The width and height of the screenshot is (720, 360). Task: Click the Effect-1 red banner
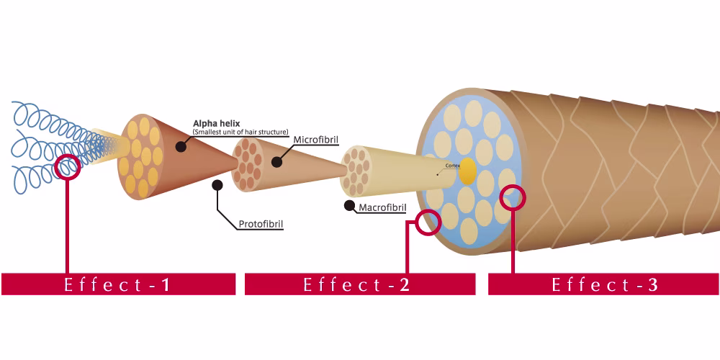point(119,284)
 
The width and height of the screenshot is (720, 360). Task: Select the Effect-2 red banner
point(360,284)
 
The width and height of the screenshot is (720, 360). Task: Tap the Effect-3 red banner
point(603,284)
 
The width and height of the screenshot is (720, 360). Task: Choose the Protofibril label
point(261,225)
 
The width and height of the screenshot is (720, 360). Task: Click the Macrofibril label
point(382,207)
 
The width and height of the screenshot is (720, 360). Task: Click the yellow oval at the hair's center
point(468,171)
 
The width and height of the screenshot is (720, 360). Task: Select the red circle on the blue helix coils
point(68,167)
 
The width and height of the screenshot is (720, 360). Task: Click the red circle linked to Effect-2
point(428,222)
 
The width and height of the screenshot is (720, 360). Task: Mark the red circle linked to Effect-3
point(513,197)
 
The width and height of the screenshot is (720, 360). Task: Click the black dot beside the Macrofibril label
point(349,206)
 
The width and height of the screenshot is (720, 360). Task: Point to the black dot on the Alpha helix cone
point(181,146)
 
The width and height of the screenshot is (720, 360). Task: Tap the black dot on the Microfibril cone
point(276,161)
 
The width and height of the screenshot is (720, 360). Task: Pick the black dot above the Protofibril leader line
point(217,185)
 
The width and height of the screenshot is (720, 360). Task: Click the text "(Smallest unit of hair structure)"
point(240,132)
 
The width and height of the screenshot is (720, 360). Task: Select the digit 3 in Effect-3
point(653,285)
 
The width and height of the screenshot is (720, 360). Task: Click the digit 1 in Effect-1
point(166,285)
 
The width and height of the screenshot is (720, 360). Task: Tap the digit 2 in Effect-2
point(404,285)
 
